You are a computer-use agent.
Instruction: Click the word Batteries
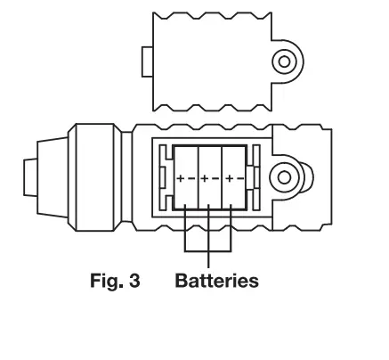click(217, 282)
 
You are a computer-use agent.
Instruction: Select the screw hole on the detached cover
click(284, 61)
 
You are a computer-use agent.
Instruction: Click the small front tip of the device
click(30, 176)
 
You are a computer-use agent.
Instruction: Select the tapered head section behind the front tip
click(55, 176)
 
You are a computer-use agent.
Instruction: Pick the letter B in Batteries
click(182, 282)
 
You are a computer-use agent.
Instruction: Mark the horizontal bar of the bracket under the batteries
click(208, 250)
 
